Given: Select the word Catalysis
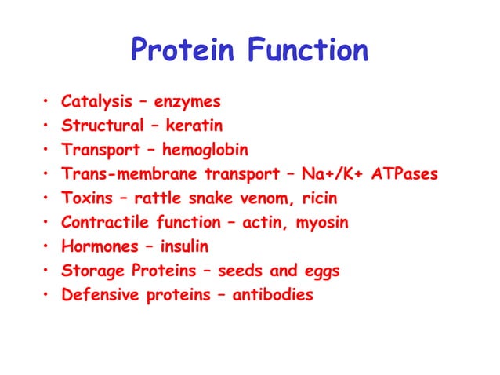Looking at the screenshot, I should (94, 102).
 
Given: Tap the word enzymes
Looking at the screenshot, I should (187, 102).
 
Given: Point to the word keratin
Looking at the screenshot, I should (194, 126).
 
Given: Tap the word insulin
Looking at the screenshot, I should (184, 247).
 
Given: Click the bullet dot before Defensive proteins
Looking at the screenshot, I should (46, 296).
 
